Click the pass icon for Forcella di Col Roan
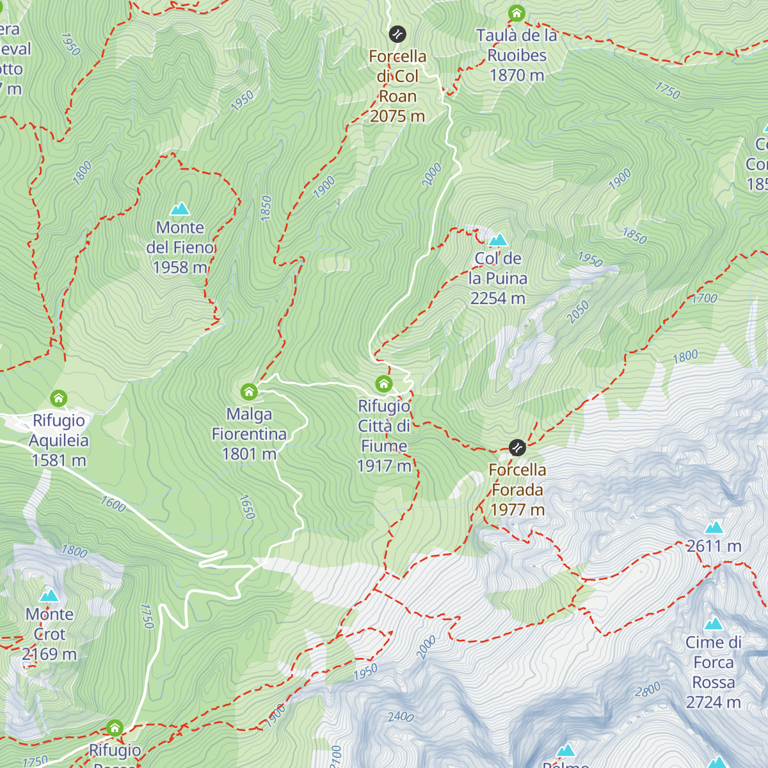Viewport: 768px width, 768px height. [397, 34]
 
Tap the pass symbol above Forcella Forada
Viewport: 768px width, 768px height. [517, 447]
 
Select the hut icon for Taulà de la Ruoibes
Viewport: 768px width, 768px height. [516, 13]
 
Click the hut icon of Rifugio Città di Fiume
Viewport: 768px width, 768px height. [383, 383]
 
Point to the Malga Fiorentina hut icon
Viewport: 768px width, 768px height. [249, 391]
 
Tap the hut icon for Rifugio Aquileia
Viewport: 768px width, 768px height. [59, 398]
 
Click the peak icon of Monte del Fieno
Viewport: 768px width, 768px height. [180, 209]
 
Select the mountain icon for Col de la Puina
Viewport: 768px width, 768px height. [498, 240]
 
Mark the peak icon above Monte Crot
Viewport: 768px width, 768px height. [49, 596]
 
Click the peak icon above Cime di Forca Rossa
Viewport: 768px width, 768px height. [714, 623]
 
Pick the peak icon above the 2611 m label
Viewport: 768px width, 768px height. [714, 527]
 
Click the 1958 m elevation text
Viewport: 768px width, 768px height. [180, 268]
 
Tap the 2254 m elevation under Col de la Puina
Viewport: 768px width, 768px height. [498, 298]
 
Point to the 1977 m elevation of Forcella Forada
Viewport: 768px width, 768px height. [517, 509]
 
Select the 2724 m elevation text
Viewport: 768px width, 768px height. [714, 702]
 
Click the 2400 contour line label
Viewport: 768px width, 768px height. [401, 716]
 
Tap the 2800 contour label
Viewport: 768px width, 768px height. [647, 690]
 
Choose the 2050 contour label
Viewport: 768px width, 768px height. [577, 312]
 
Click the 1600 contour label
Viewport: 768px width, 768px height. [113, 504]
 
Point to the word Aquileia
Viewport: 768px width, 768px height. [59, 440]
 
